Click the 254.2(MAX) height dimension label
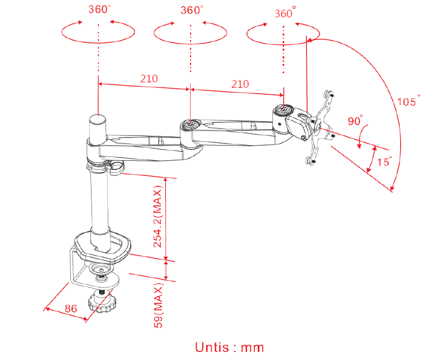[x=158, y=217]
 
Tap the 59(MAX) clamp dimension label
[x=159, y=307]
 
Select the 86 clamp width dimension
[x=71, y=308]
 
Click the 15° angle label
[x=384, y=161]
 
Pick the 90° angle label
[x=355, y=121]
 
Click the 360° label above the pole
[x=100, y=9]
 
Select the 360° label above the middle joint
[x=192, y=10]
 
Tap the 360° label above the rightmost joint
[x=285, y=13]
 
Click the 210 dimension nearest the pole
[x=149, y=78]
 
